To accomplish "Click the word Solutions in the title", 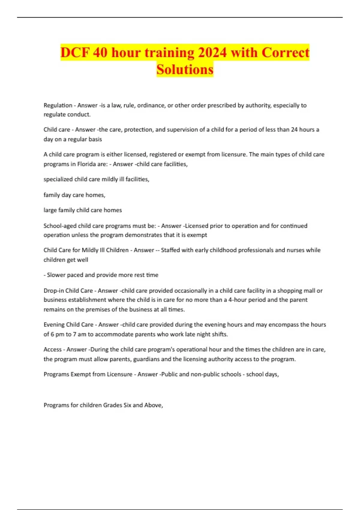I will (185, 69).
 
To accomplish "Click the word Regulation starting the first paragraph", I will (58, 105).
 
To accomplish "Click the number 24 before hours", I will (294, 130).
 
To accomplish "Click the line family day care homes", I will (74, 195).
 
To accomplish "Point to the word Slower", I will (56, 275).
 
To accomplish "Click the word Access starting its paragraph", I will (52, 349).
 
